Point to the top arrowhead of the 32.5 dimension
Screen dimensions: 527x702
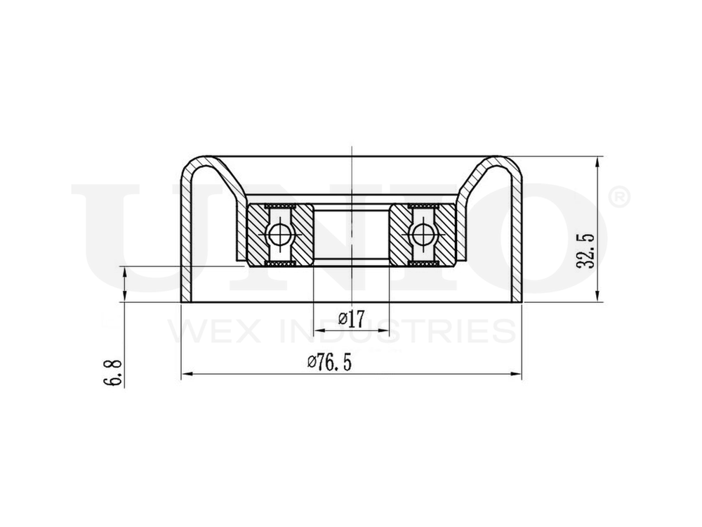[597, 161]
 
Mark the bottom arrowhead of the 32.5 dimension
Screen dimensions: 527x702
[597, 298]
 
